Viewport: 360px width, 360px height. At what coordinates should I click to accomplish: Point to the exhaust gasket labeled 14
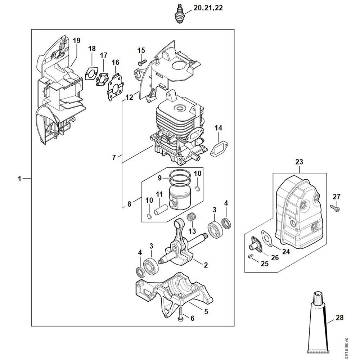pos(218,148)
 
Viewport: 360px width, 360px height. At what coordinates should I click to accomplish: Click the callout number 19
pos(76,40)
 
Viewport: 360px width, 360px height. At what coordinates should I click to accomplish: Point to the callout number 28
pos(339,318)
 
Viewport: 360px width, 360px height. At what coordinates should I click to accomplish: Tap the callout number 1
pos(20,179)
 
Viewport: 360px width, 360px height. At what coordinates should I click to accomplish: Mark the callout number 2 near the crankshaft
pos(206,265)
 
